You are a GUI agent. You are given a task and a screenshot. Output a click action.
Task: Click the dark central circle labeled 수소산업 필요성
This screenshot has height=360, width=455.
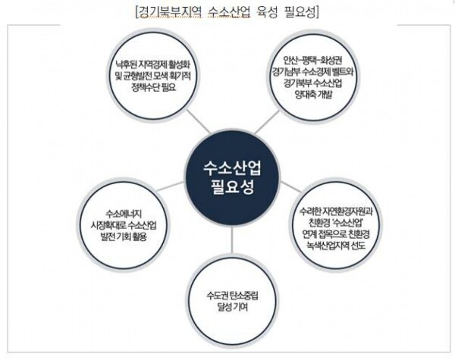coord(233,177)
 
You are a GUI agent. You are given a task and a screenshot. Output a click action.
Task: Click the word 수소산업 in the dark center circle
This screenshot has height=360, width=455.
coord(233,167)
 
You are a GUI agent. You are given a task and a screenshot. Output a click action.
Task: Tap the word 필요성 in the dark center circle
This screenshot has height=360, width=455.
coord(233,186)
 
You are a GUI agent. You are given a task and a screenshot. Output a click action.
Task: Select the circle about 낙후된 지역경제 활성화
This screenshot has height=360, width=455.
coord(152,75)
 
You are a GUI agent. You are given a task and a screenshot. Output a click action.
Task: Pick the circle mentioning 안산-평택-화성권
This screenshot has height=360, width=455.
coord(312,77)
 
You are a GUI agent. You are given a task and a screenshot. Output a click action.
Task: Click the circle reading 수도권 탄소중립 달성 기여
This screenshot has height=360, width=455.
coord(232,302)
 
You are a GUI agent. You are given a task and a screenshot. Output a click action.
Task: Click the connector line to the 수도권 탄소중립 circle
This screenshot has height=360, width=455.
coord(232,242)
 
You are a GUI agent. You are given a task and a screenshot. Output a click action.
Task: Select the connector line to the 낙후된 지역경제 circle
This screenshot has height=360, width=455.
coord(198,122)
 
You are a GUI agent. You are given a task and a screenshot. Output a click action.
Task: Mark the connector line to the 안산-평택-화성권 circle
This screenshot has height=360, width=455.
coord(267,122)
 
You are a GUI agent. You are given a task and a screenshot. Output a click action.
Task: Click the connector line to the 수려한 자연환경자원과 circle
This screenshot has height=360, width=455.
coord(290,186)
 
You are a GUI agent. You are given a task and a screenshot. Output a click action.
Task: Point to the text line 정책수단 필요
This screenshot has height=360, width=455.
coord(154,87)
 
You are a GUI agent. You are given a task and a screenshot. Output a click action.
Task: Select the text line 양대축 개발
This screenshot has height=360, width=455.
coord(313,95)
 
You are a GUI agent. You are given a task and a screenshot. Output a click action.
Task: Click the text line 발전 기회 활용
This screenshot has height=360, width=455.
coord(123,236)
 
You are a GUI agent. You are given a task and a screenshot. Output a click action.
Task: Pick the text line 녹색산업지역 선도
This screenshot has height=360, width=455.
coord(336,246)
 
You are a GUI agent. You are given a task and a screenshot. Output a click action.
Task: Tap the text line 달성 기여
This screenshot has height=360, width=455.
coord(232,307)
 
